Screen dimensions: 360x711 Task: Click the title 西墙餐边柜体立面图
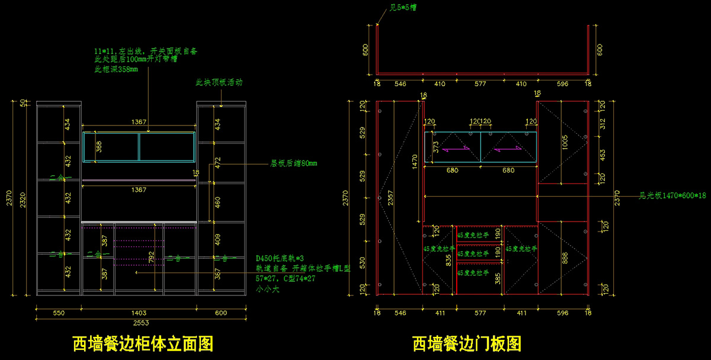point(142,343)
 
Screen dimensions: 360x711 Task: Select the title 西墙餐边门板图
point(467,343)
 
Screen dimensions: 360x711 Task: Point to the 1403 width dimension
point(139,313)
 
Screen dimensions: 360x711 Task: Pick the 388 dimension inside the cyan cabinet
point(99,146)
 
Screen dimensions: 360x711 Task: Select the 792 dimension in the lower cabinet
point(152,258)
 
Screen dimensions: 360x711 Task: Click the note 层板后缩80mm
point(294,163)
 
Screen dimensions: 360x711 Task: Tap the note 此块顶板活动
point(219,82)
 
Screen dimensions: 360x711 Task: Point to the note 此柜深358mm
point(116,69)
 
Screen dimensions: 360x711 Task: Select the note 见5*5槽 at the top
point(403,9)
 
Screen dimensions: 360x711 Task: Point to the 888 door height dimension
point(565,258)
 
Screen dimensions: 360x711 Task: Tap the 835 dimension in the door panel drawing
point(448,258)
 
